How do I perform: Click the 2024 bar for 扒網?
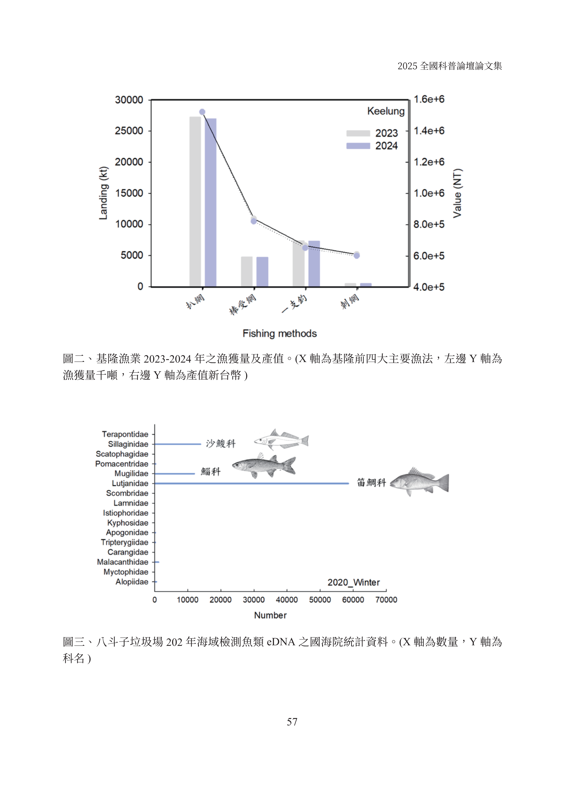coord(210,203)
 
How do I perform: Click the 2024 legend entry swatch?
coord(358,146)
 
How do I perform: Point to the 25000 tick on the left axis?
coord(129,131)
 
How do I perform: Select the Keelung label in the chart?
coord(386,111)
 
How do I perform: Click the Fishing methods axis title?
coord(280,334)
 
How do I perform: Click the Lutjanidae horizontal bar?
coord(252,483)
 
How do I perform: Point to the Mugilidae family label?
coord(131,473)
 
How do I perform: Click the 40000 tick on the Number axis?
coord(287,600)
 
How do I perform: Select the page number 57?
coord(292,722)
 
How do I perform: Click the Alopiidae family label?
coord(132,582)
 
